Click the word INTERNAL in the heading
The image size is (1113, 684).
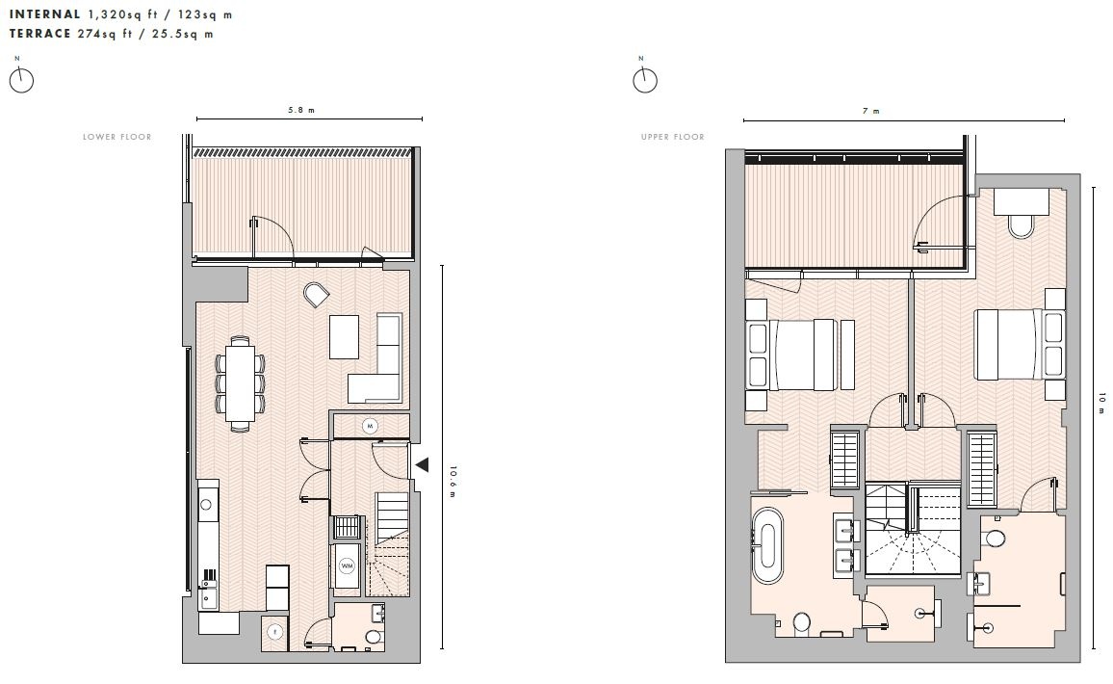pos(45,15)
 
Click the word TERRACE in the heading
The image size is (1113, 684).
pos(40,34)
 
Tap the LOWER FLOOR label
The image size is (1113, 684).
pos(116,138)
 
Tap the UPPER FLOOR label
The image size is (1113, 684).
pos(673,138)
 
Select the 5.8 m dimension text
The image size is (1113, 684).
pos(302,111)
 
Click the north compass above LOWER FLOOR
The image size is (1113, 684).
pos(21,80)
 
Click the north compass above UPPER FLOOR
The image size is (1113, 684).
pos(644,79)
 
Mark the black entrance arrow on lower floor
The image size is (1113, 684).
pos(421,465)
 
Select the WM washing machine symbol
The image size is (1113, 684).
pos(347,566)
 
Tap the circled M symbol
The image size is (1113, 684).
pos(369,425)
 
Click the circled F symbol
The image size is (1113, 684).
pos(274,632)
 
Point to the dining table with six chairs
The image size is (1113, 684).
pos(240,379)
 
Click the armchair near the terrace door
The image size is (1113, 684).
pos(315,295)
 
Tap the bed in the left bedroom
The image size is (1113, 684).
pos(799,354)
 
